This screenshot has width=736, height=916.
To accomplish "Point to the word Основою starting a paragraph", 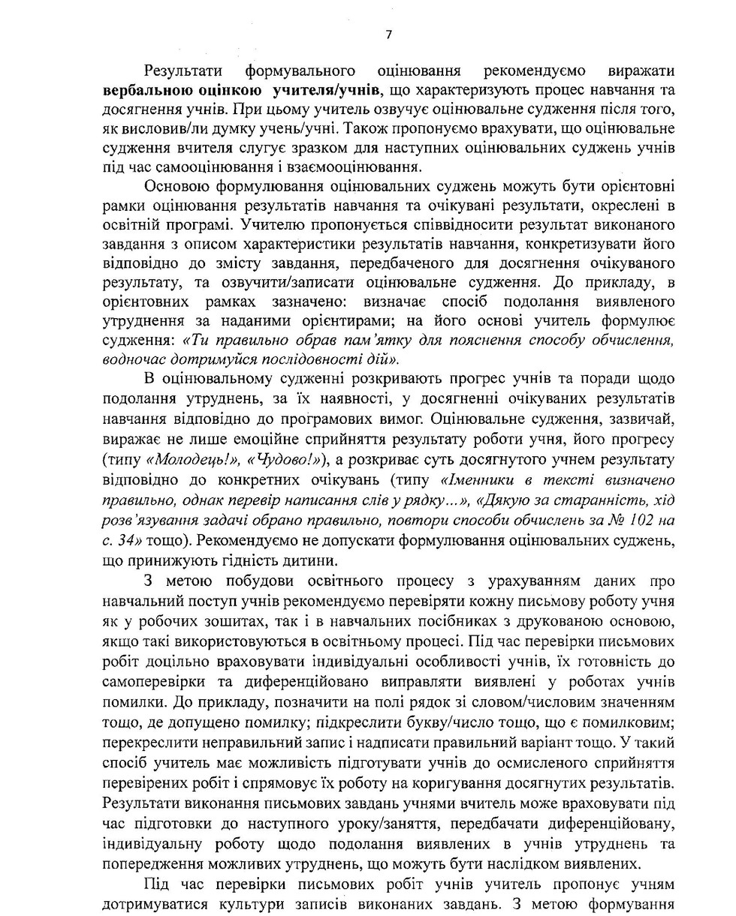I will [174, 186].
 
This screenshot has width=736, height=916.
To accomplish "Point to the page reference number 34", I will [132, 537].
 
